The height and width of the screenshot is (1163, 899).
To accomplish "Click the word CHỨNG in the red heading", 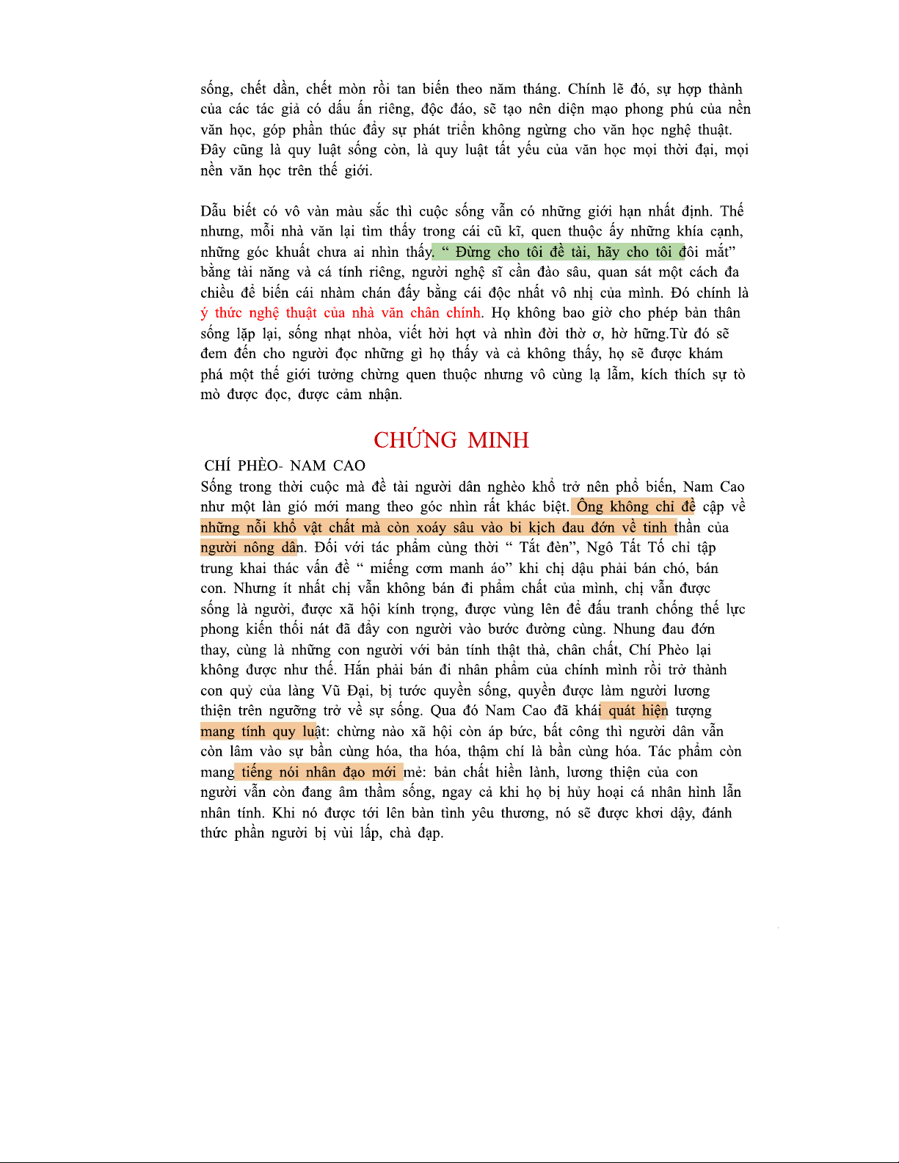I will coord(415,440).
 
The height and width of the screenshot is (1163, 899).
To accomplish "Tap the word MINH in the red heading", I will coord(498,440).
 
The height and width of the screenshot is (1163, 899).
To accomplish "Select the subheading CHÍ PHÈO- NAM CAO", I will coord(285,466).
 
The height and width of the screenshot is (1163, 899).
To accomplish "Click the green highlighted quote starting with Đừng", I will coord(558,252).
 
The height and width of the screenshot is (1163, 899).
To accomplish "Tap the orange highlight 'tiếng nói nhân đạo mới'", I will coord(319,772).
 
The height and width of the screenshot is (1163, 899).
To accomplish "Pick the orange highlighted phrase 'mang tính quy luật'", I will coord(258,731).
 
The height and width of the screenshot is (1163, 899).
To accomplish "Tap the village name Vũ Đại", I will coord(346,690).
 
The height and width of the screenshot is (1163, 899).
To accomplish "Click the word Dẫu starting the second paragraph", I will coord(214,211).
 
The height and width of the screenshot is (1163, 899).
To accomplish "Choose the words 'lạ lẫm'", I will coord(609,374).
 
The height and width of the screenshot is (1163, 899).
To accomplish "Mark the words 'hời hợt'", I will coord(449,334).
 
